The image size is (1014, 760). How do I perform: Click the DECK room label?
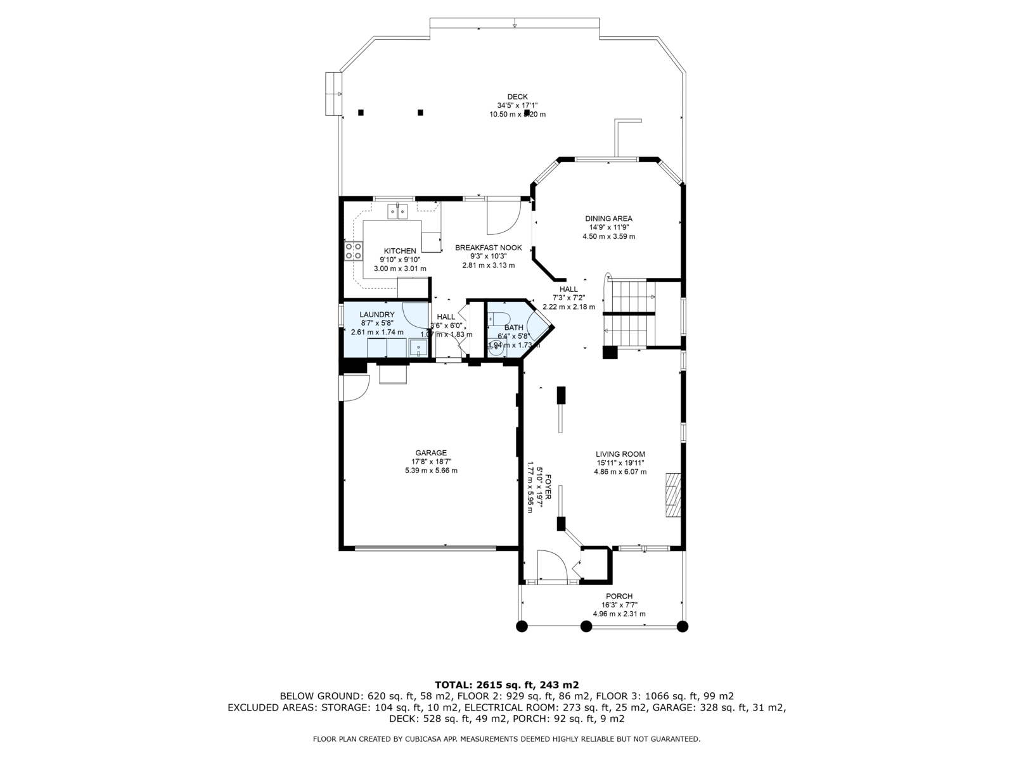(x=517, y=97)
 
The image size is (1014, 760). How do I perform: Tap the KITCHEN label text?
(x=400, y=251)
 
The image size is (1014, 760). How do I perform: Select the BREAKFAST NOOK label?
(x=488, y=248)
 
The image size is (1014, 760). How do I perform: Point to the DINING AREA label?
(x=608, y=218)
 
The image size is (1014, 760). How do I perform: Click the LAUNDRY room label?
(x=377, y=315)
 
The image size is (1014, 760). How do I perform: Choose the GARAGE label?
(x=431, y=453)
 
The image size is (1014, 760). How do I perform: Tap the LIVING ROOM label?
(x=620, y=454)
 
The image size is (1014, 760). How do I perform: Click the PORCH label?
(x=619, y=596)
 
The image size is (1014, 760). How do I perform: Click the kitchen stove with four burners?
(x=353, y=251)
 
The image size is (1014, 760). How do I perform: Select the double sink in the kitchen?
(x=397, y=211)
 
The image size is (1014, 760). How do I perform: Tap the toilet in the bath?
(x=500, y=319)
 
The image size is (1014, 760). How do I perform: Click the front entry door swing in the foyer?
(x=551, y=565)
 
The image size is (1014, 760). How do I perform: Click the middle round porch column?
(x=586, y=626)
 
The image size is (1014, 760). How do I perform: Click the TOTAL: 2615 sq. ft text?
(x=506, y=685)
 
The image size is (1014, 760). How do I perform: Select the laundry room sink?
(x=418, y=348)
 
